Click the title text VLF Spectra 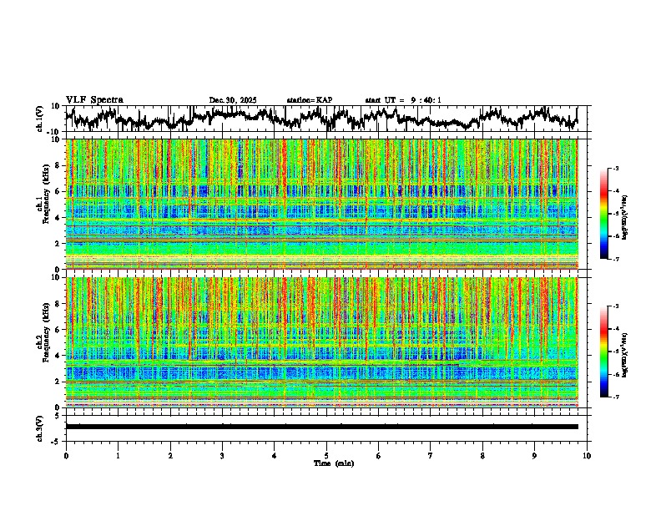[94, 99]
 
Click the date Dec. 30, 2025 [233, 100]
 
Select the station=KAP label [309, 100]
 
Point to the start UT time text [403, 100]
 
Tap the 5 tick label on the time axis [326, 455]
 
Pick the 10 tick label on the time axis [587, 455]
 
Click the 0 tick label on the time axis [66, 455]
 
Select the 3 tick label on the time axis [222, 455]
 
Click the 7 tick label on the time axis [431, 455]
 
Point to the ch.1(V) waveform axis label [40, 119]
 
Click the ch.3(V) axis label [40, 426]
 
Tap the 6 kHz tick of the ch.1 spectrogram [59, 191]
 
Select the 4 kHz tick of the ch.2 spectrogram [59, 355]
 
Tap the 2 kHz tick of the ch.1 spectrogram [59, 243]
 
